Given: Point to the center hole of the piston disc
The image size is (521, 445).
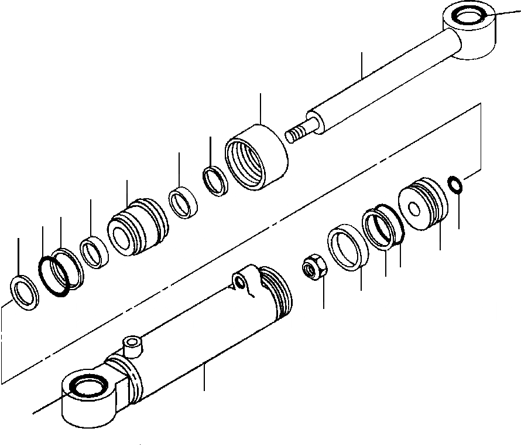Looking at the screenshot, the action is tap(414, 209).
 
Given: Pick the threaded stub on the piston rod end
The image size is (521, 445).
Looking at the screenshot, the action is tap(299, 132).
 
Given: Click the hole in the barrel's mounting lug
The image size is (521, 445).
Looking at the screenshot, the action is tap(240, 283).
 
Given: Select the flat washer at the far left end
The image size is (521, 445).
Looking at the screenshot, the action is tap(23, 291).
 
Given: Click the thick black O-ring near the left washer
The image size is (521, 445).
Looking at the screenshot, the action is tap(55, 277).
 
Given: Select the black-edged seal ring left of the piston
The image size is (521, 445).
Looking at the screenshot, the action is tap(382, 226).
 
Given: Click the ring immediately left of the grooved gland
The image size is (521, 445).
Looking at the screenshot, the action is tap(94, 253).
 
